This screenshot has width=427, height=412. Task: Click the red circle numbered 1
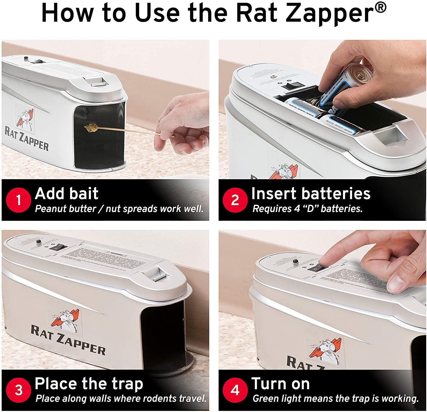19,200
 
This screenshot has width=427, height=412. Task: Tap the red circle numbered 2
235,200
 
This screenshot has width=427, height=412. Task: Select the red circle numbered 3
19,390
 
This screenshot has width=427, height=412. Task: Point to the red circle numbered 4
235,390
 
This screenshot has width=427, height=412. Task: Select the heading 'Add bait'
67,193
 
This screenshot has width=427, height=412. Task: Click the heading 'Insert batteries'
311,193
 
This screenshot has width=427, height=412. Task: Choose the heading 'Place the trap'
89,384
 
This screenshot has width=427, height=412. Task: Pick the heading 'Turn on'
280,384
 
